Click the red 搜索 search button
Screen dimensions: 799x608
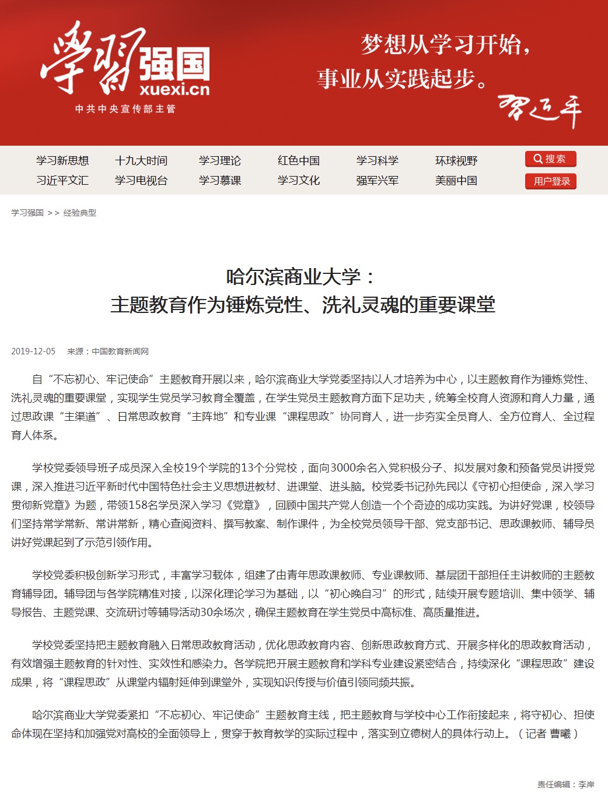point(550,159)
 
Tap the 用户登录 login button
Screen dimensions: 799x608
point(550,181)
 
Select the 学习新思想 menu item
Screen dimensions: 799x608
point(62,161)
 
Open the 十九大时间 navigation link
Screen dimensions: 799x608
point(141,161)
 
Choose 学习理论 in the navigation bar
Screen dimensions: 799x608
point(220,161)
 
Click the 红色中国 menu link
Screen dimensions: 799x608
point(299,161)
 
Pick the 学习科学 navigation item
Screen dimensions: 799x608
point(378,161)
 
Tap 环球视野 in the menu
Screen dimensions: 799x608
point(456,161)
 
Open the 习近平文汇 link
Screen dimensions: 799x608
point(62,181)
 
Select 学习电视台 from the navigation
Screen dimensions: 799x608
point(141,181)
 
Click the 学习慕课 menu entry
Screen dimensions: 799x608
point(220,181)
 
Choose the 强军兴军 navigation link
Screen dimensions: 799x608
point(378,181)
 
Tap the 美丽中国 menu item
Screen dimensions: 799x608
point(456,181)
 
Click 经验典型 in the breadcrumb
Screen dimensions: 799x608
point(80,213)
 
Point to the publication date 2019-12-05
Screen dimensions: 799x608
point(33,351)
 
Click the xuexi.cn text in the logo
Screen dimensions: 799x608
point(174,89)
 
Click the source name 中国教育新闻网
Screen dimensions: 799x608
point(120,351)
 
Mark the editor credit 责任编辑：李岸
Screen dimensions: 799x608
point(565,784)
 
